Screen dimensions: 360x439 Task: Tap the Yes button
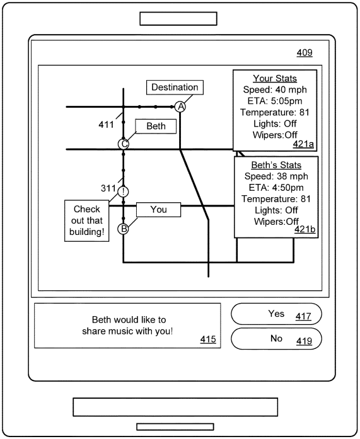click(x=276, y=314)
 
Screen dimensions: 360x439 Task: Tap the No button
click(x=276, y=338)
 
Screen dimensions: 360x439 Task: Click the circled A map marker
click(x=180, y=106)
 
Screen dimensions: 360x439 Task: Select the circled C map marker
click(x=124, y=144)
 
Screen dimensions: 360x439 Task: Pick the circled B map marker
click(x=123, y=229)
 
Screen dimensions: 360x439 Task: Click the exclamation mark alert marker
click(x=123, y=192)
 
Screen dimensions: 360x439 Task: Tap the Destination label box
click(x=175, y=88)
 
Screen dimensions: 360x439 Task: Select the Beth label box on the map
click(x=156, y=126)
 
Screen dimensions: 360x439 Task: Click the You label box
click(x=159, y=209)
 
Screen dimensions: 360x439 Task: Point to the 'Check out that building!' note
click(x=87, y=220)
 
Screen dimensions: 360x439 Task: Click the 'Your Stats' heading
click(x=275, y=78)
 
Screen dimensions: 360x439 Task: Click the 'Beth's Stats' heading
click(x=276, y=165)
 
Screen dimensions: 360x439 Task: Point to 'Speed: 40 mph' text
click(x=275, y=89)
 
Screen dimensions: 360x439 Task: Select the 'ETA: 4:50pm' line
click(x=276, y=187)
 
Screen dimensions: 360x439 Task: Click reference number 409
click(x=305, y=52)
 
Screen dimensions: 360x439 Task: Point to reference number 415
click(x=208, y=339)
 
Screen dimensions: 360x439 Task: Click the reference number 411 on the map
click(x=106, y=125)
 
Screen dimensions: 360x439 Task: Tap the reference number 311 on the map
click(x=108, y=188)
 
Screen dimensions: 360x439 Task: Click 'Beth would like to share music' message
click(x=127, y=326)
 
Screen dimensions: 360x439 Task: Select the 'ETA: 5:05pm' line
click(x=275, y=101)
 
